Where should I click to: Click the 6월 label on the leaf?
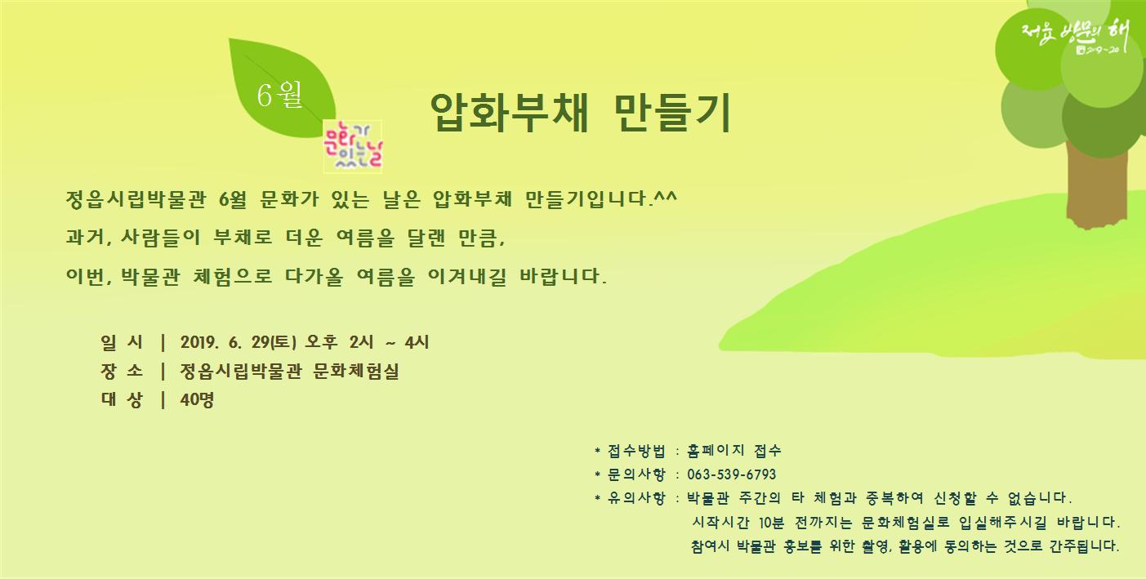pos(279,95)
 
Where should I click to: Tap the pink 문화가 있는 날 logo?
pos(353,147)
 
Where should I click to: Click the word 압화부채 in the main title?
pos(509,113)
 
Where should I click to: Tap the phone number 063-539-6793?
pos(732,474)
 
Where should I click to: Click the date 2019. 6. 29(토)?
pos(239,342)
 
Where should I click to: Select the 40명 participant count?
pos(197,399)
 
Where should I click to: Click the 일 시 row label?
pos(122,342)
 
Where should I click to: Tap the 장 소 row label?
pos(122,371)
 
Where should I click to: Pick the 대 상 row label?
pos(122,399)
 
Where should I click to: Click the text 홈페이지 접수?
pos(734,451)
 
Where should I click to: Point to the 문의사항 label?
pos(636,474)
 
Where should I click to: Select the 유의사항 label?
pos(636,498)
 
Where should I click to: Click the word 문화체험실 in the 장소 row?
pos(355,372)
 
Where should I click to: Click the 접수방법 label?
pos(636,451)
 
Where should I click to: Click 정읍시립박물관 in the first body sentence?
pos(136,199)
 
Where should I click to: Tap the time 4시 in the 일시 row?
pos(417,342)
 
